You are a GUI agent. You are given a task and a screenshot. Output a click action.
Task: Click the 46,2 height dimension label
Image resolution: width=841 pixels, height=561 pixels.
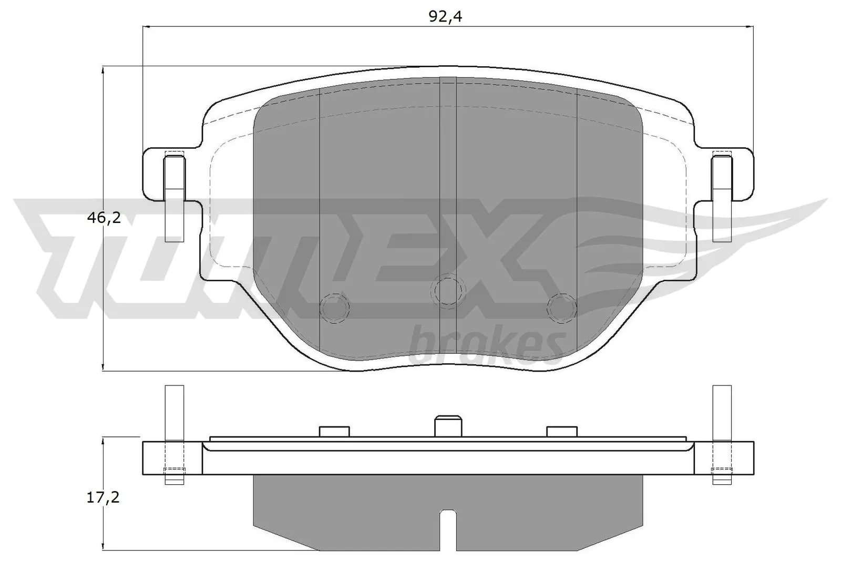pos(104,217)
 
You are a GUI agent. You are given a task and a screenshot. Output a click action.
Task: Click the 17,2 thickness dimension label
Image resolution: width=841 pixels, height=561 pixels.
pos(104,497)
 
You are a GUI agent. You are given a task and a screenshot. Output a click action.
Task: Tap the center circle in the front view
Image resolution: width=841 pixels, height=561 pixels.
pos(448,290)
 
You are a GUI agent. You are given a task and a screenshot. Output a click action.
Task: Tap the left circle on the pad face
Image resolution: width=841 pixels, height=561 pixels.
pos(335,307)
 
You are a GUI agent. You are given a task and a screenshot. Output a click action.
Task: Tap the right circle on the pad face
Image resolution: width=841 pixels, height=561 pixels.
pos(561,307)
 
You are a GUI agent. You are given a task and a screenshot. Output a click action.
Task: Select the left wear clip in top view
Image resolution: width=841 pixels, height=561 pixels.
pos(175,197)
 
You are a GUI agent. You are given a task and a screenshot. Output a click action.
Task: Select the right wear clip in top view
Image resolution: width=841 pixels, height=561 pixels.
pos(722,197)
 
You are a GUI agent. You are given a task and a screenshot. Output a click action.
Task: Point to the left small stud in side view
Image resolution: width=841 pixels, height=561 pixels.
pos(334,431)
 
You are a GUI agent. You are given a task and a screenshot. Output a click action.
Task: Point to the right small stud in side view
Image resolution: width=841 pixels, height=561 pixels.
pos(561,431)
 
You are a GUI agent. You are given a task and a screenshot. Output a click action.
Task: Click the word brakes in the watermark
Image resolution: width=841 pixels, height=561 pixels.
pos(486,344)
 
